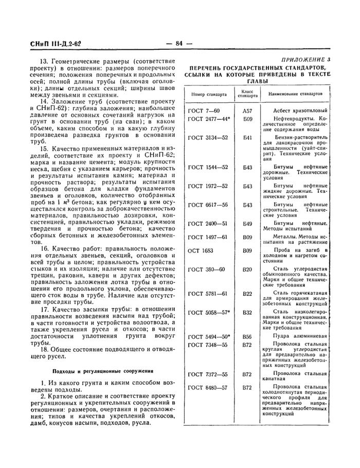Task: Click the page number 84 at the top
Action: pos(179,43)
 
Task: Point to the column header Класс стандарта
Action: pos(247,95)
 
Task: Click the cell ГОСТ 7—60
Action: pos(204,111)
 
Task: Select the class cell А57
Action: pos(247,111)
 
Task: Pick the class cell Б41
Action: pos(247,138)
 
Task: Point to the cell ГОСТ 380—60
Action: pos(206,269)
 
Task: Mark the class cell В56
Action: pos(247,336)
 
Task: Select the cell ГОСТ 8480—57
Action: pos(208,387)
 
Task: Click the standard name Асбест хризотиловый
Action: pos(298,111)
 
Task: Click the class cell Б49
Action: pos(247,224)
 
